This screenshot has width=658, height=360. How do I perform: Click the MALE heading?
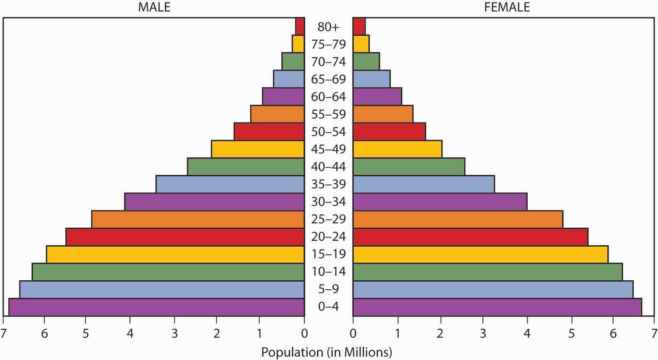tap(154, 7)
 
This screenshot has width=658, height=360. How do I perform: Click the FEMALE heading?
tap(507, 7)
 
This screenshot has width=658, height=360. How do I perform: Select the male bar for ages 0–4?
tap(156, 307)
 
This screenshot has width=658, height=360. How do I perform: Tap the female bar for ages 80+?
tap(359, 27)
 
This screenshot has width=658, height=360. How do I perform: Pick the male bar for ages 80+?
tap(300, 27)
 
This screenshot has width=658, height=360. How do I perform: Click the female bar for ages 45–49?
tap(397, 149)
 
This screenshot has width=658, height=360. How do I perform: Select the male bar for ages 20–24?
tap(185, 237)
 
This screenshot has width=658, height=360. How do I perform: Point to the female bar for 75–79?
tap(361, 44)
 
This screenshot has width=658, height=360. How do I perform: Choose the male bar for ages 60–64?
tap(283, 97)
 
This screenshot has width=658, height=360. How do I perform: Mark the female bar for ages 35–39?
tap(424, 184)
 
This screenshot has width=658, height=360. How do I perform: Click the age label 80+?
tap(329, 27)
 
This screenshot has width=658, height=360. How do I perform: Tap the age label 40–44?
tap(329, 167)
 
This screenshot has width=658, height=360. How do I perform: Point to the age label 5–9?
tap(329, 289)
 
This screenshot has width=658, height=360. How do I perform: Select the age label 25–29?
tap(329, 219)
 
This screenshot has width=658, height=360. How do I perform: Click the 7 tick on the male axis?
tap(4, 333)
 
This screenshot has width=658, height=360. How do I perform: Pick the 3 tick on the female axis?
tap(483, 333)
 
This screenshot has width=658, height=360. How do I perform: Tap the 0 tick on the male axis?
tap(304, 333)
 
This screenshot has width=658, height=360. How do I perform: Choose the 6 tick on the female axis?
tap(613, 333)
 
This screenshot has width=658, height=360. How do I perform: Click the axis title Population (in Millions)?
tap(327, 352)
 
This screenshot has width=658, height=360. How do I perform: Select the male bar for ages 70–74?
tap(293, 62)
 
